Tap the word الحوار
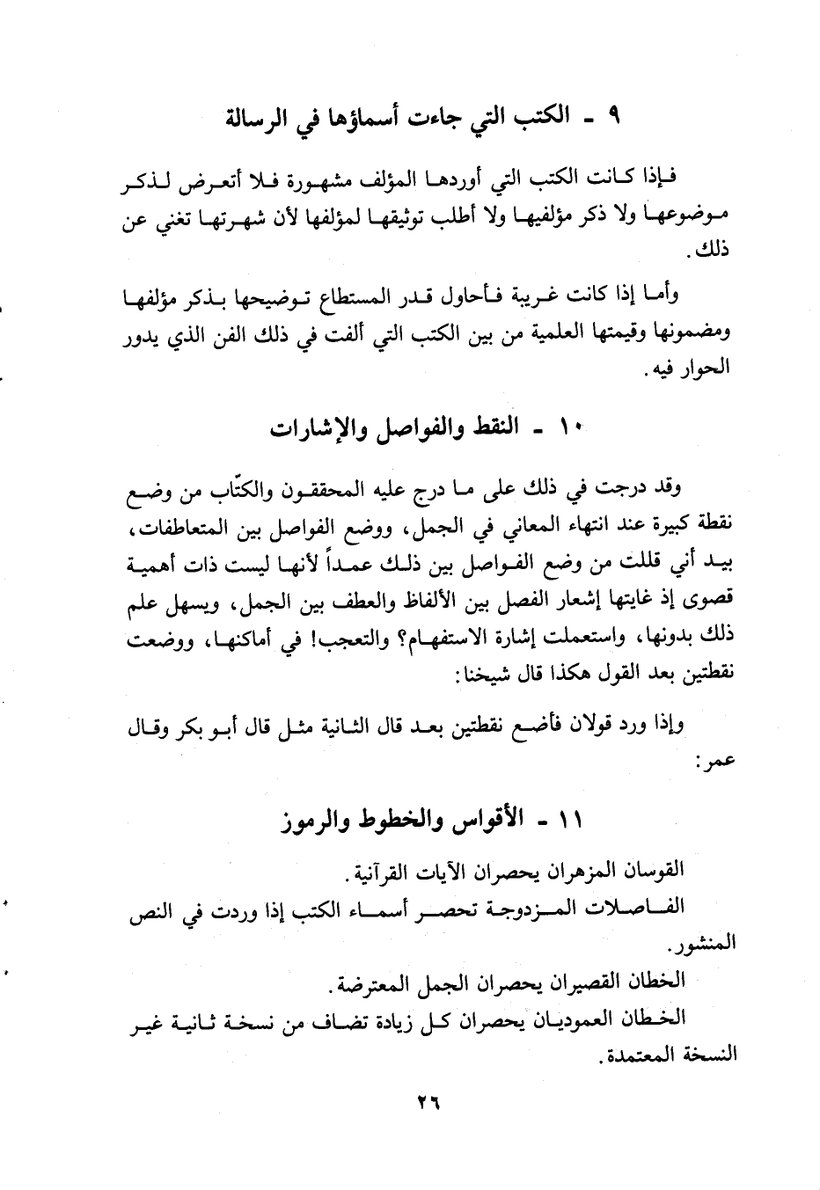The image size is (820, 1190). click(707, 367)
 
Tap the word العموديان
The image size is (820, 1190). click(571, 1018)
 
